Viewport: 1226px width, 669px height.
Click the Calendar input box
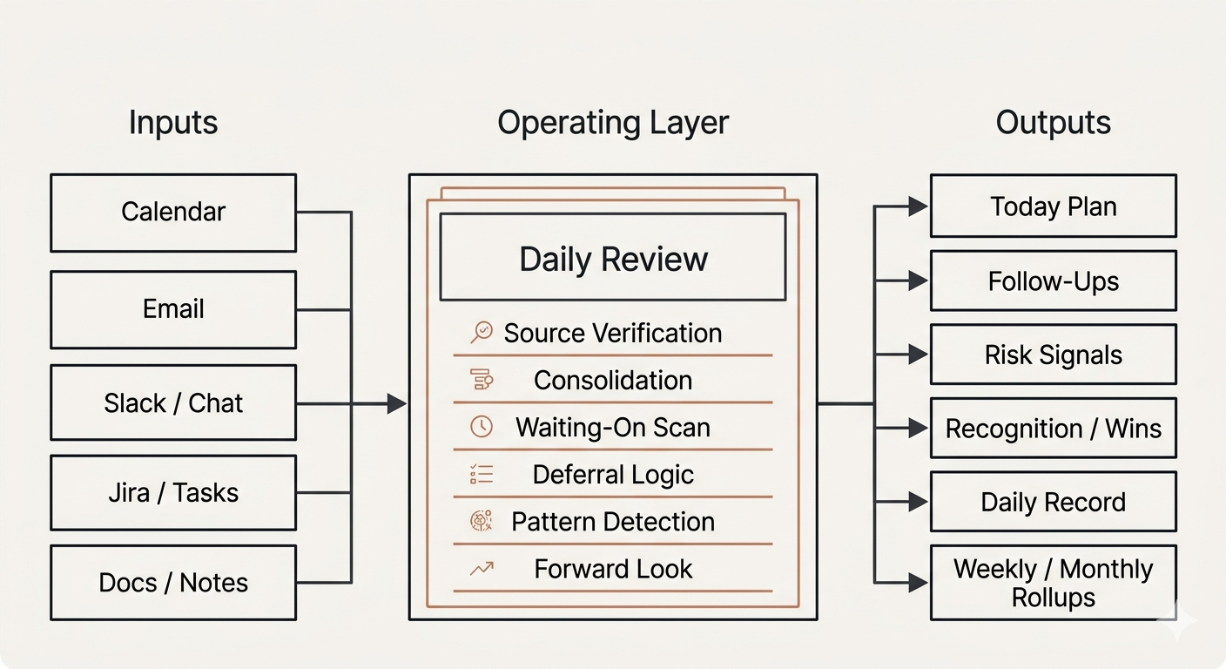point(173,213)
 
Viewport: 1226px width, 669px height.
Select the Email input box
point(173,309)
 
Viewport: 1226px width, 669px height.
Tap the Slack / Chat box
point(173,403)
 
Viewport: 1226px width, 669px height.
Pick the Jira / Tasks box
point(173,493)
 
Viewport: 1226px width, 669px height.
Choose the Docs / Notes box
point(173,583)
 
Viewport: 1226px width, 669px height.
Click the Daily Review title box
point(613,259)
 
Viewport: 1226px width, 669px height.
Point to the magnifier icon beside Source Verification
point(482,333)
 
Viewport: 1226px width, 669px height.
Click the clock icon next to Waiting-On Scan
point(482,427)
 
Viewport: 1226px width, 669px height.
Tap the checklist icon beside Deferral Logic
point(482,474)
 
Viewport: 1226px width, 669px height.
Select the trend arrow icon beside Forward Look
point(482,569)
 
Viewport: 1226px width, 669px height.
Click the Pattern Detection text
point(613,522)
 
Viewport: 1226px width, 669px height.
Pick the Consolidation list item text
point(613,381)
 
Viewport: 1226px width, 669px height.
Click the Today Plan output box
point(1053,206)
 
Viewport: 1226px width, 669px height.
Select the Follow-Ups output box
point(1053,281)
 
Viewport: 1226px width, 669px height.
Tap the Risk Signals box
point(1053,355)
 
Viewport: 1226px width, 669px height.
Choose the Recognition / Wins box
point(1053,429)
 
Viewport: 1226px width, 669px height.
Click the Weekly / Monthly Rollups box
point(1053,583)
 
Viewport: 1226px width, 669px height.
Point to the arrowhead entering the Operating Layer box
point(397,403)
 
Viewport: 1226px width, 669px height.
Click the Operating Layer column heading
point(613,123)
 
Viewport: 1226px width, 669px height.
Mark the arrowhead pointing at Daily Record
point(917,502)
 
